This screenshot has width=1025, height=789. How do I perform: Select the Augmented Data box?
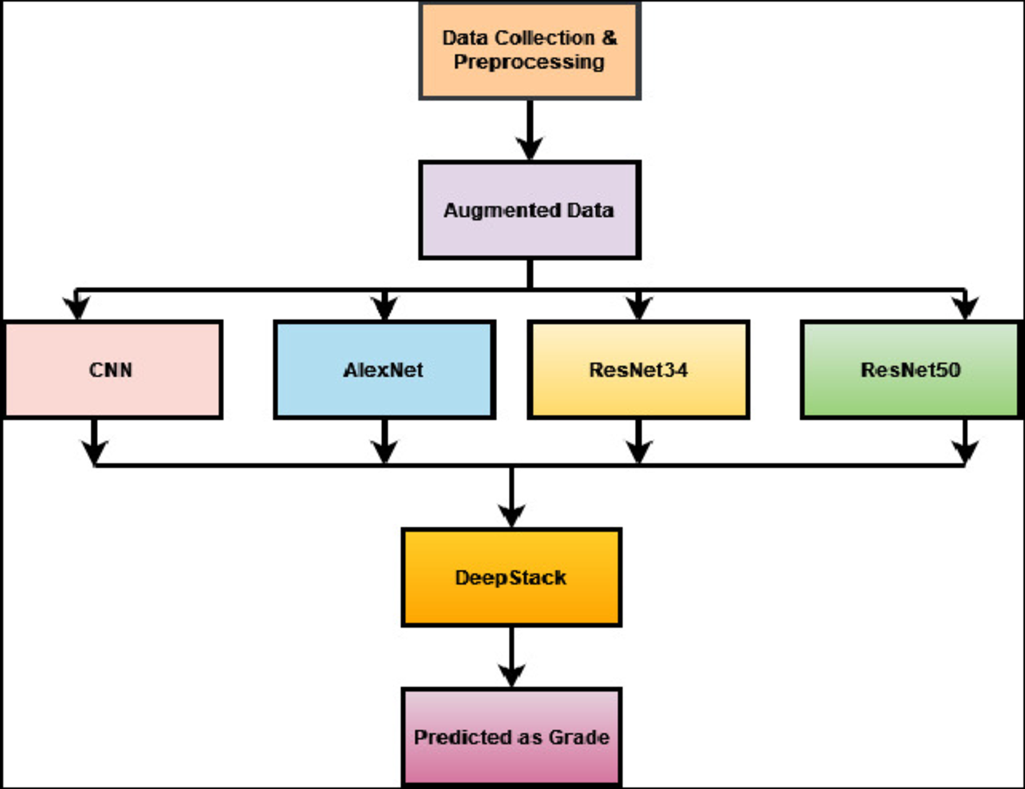click(529, 210)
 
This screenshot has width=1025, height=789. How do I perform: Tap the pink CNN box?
click(113, 370)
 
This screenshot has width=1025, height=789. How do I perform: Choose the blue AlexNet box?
click(384, 370)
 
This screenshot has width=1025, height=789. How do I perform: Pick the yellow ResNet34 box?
click(638, 370)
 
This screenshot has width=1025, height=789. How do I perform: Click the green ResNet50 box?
click(911, 370)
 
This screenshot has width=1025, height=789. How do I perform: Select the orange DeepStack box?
click(511, 577)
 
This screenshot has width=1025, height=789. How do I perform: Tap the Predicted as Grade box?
click(511, 737)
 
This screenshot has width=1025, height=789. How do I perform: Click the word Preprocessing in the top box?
click(529, 62)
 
